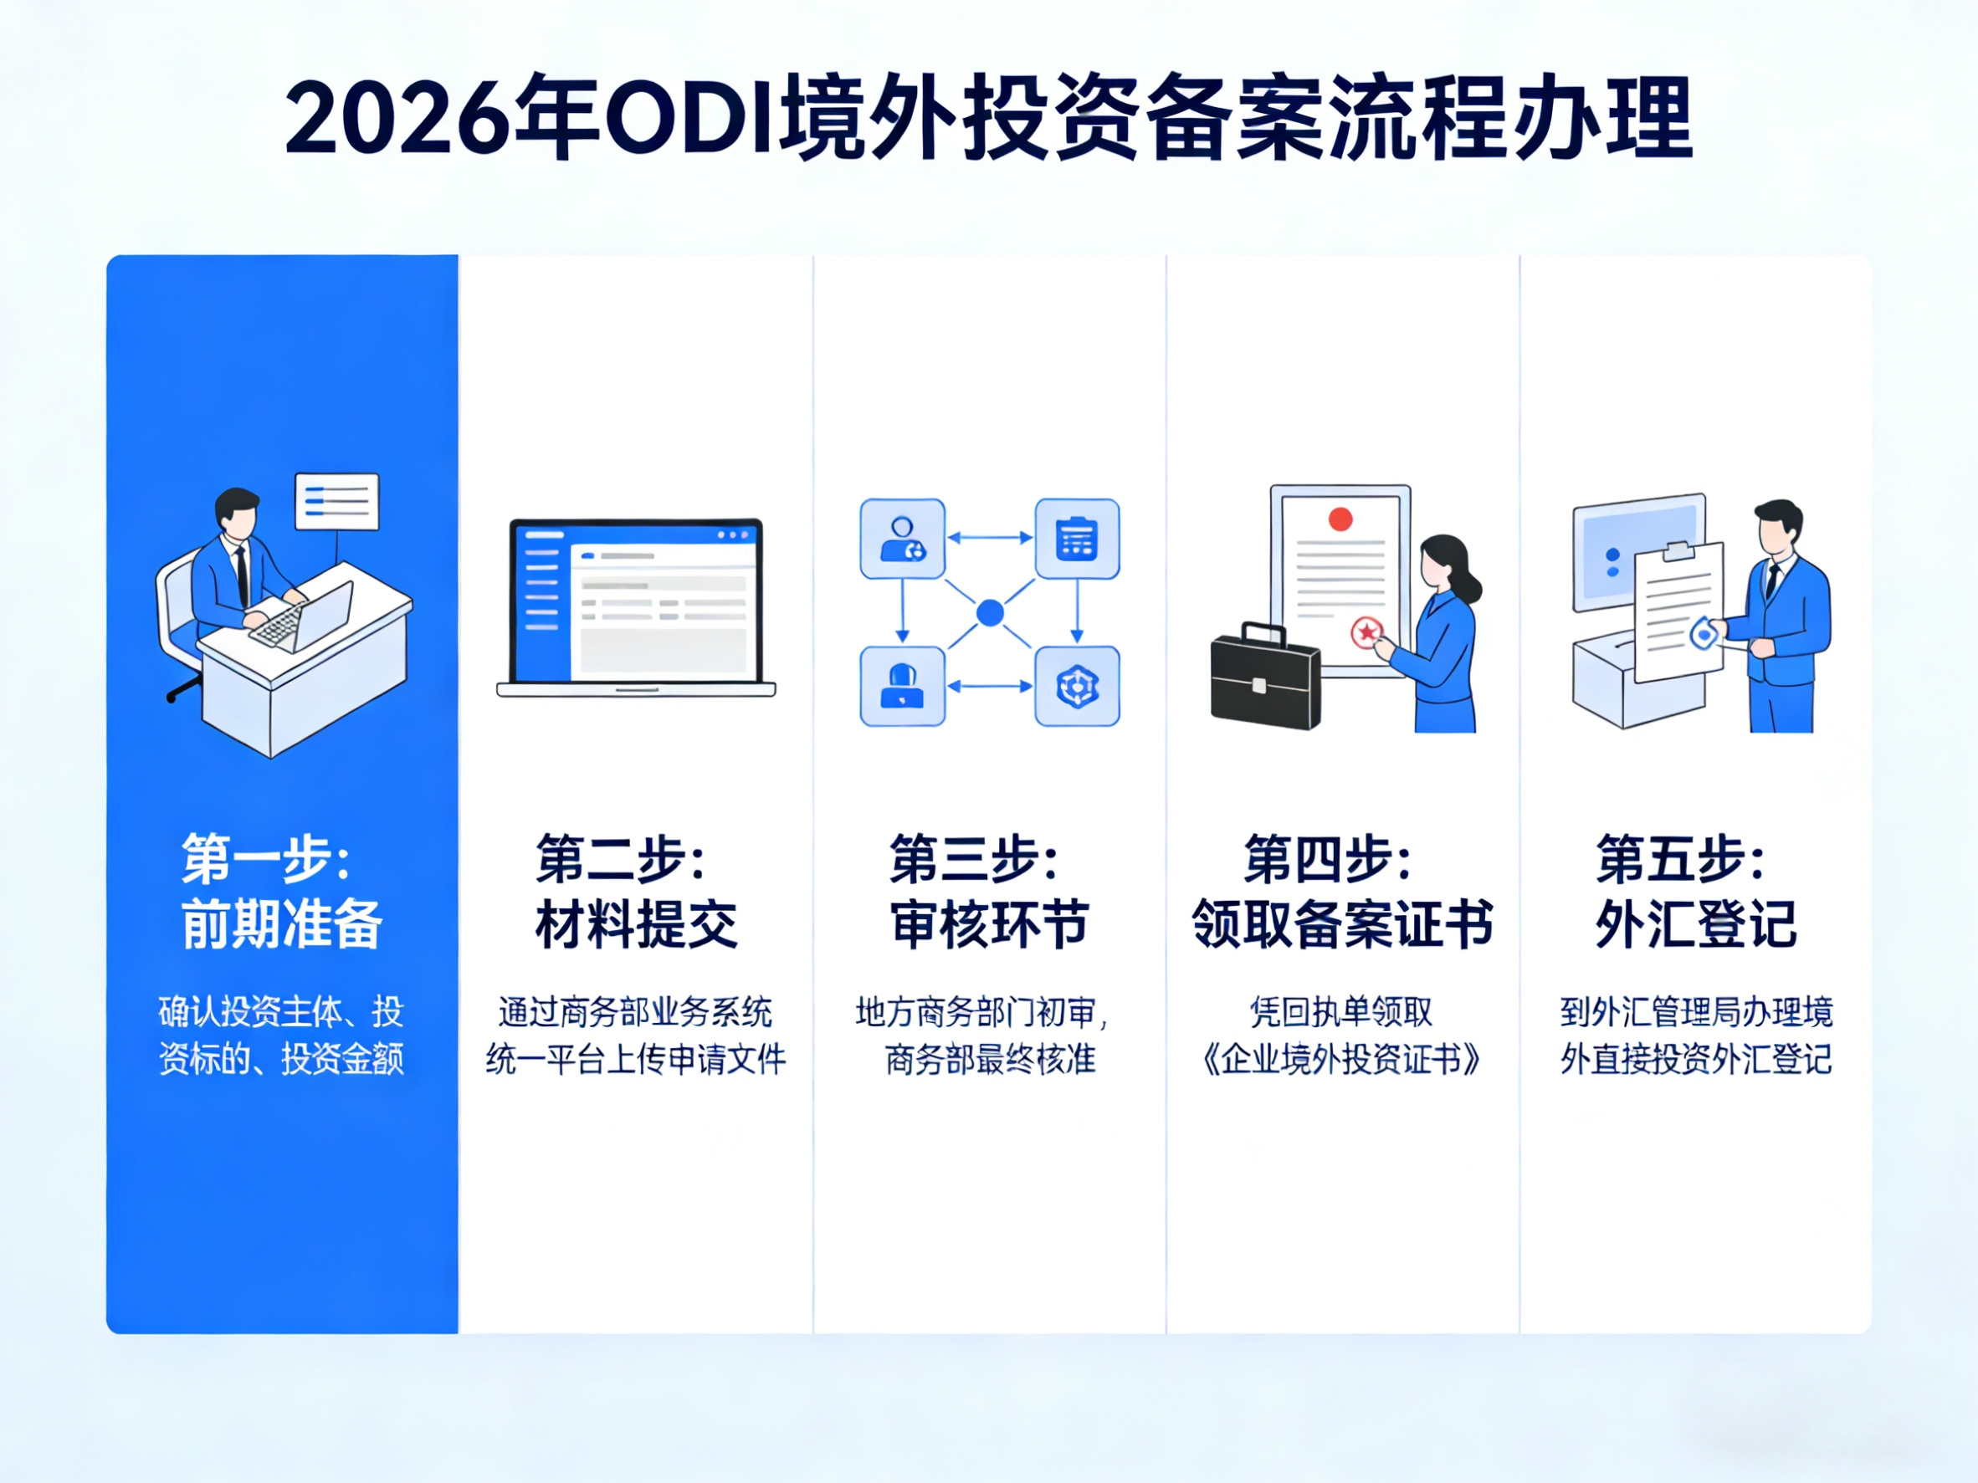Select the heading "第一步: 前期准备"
(x=281, y=890)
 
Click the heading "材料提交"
(x=636, y=923)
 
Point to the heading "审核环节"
(x=989, y=923)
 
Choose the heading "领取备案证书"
(x=1342, y=923)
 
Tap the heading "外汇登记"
(x=1695, y=923)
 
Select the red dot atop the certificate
(x=1340, y=519)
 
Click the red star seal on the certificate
(x=1366, y=632)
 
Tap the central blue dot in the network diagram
(x=990, y=613)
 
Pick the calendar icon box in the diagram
(x=1077, y=539)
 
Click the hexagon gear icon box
(x=1077, y=687)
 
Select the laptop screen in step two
(x=636, y=601)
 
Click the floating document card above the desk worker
(x=337, y=502)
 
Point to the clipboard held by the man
(x=1678, y=610)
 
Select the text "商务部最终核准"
(x=990, y=1059)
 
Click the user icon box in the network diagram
(x=902, y=539)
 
